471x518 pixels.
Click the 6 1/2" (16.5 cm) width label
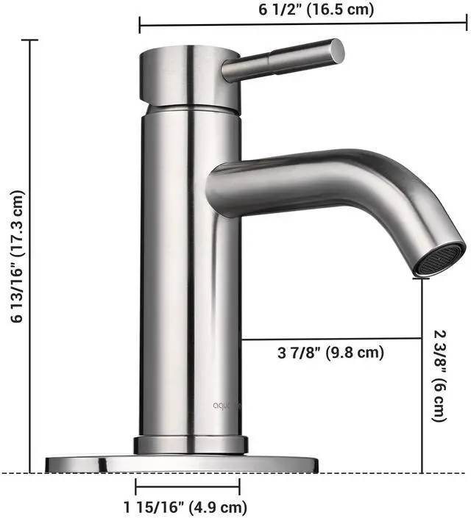[x=316, y=10]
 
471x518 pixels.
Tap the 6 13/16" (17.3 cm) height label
[x=17, y=256]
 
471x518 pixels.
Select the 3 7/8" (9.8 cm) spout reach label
[x=330, y=353]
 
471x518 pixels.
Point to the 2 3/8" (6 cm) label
[x=439, y=375]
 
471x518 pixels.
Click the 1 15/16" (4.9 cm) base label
[x=185, y=507]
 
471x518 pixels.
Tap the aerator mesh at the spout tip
[x=442, y=259]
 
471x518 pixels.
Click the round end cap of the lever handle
[x=338, y=51]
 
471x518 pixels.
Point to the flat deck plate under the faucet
[x=182, y=464]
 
